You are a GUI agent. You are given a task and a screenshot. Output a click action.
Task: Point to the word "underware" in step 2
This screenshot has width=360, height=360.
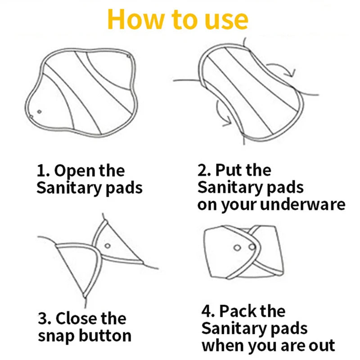(303, 204)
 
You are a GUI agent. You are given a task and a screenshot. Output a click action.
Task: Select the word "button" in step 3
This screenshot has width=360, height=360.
(105, 335)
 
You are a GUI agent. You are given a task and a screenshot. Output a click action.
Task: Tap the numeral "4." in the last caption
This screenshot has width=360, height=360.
(208, 311)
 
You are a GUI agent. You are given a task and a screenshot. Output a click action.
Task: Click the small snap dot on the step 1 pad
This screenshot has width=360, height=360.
(40, 112)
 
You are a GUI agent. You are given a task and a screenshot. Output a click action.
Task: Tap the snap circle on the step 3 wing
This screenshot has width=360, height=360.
(108, 246)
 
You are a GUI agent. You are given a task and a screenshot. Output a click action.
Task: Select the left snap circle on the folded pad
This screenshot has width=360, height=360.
(237, 248)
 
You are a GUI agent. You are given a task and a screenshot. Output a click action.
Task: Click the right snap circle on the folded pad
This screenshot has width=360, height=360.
(252, 247)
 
